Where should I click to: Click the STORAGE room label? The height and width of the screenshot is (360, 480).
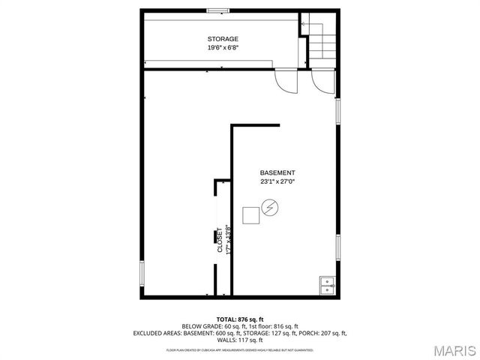223,39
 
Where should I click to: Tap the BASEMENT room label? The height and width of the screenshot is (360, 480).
277,172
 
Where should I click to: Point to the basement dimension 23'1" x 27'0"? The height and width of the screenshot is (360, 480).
277,181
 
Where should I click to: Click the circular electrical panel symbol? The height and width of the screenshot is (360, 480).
269,207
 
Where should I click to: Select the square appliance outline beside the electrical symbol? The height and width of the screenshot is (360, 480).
251,214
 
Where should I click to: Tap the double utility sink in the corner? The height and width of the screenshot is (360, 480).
327,284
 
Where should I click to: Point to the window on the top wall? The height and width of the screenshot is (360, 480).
218,10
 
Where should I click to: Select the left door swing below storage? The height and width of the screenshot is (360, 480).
286,79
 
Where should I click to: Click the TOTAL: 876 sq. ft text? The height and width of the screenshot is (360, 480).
239,319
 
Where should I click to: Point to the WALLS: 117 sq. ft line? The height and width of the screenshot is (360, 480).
239,339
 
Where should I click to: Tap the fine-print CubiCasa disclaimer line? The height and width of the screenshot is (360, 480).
239,349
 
